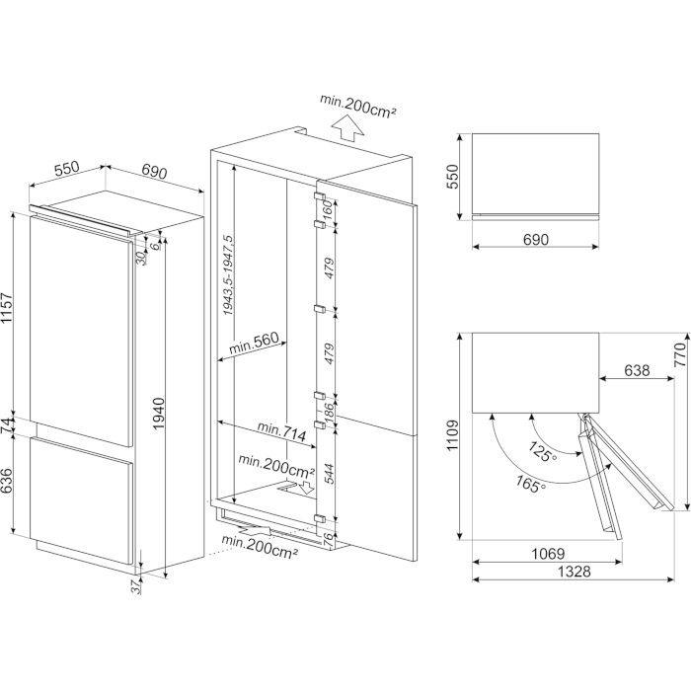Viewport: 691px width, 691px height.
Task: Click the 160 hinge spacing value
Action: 330,210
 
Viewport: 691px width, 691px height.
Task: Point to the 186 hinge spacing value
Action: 330,409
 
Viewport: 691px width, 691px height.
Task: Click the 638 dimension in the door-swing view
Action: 638,371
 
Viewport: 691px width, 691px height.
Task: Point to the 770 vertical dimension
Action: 680,355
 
